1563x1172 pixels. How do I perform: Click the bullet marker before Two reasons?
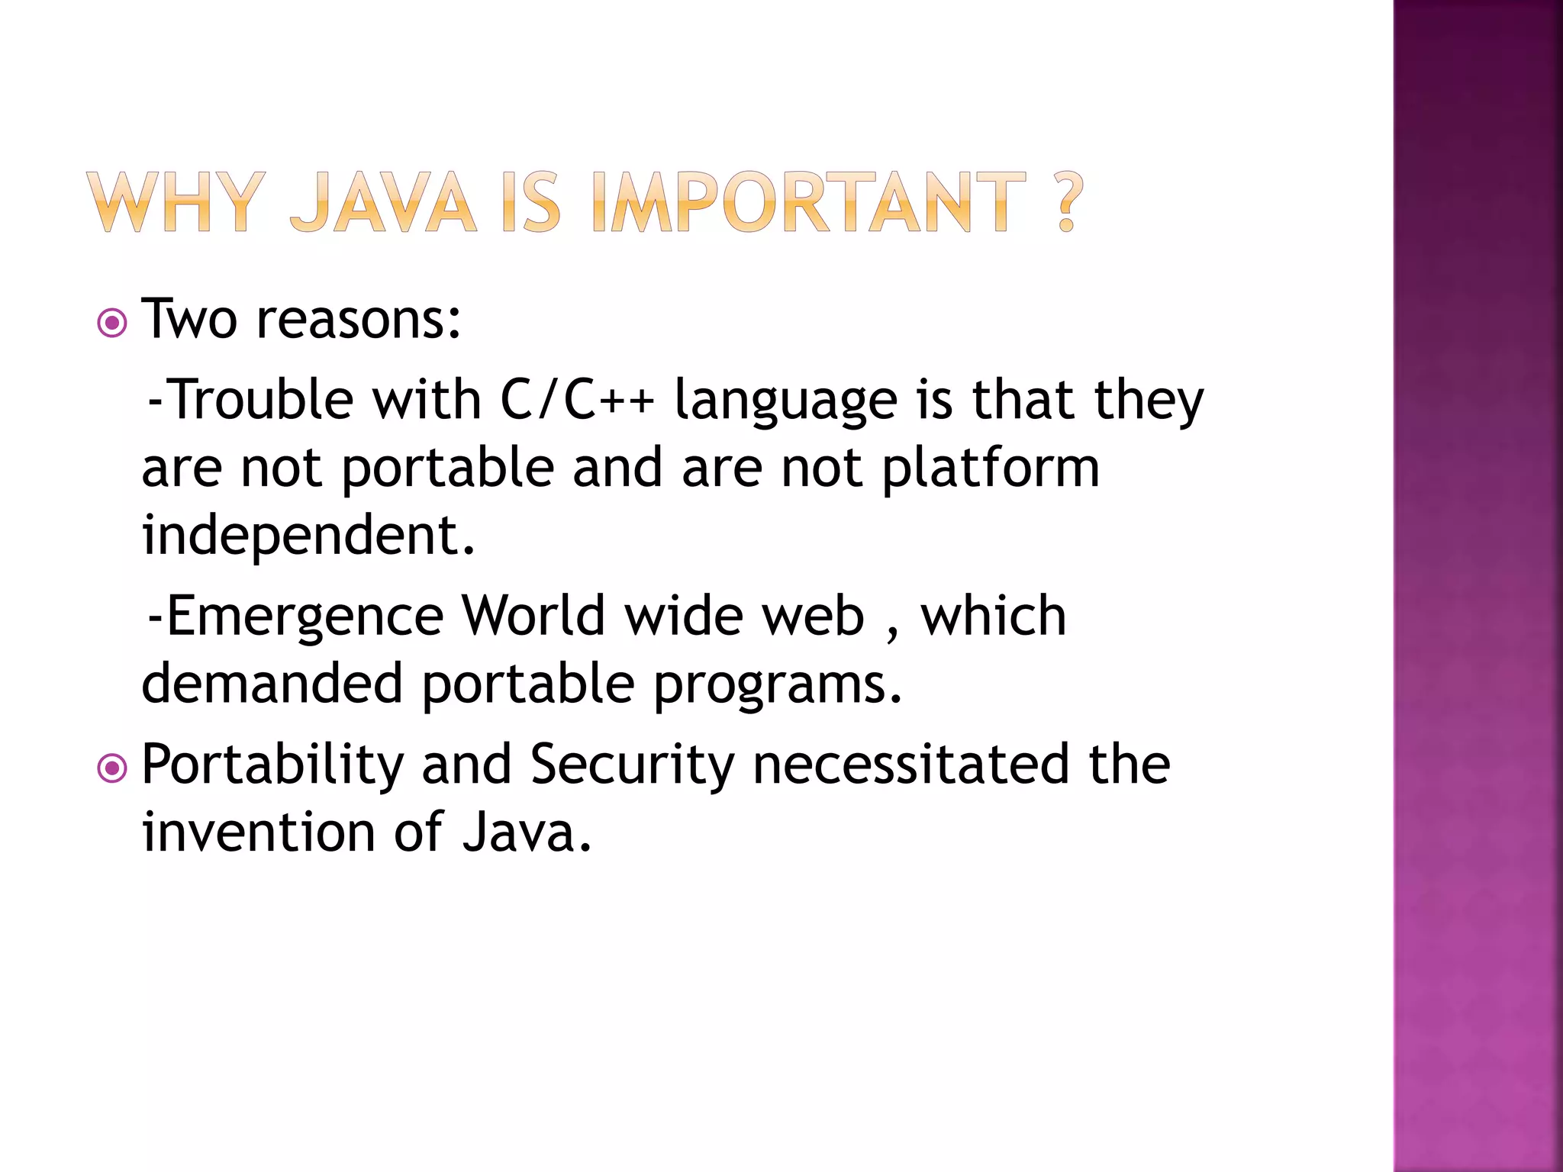tap(113, 324)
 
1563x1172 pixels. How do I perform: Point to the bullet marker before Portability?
tap(113, 768)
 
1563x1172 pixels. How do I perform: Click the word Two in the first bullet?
tap(189, 319)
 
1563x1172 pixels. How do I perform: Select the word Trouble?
tap(259, 400)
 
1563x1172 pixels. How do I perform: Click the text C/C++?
tap(577, 400)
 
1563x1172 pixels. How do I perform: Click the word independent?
tap(308, 536)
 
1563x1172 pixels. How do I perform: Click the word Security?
tap(632, 765)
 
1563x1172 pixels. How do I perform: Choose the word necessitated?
tap(911, 765)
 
